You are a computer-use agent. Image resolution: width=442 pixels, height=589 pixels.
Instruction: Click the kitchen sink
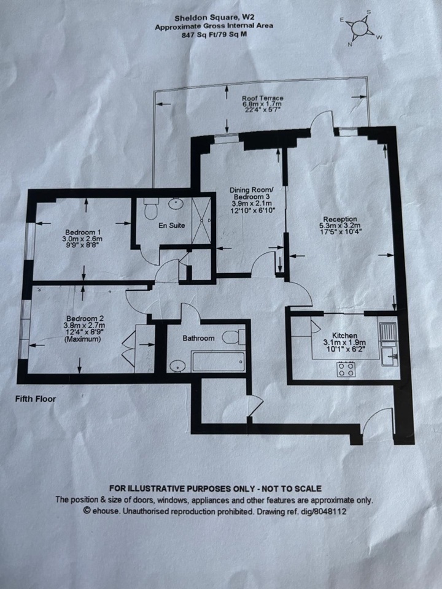[388, 355]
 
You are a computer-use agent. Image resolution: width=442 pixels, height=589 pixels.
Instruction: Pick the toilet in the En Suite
[150, 210]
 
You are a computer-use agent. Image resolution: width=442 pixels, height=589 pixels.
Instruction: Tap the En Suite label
[172, 226]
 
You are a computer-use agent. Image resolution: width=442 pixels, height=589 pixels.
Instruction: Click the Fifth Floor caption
[35, 399]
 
